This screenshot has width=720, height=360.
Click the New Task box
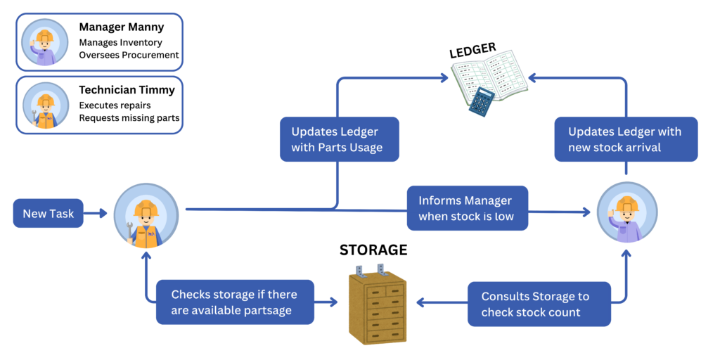tap(48, 213)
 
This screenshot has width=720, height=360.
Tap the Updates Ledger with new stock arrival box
tap(624, 139)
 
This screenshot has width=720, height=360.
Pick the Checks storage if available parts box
tap(234, 302)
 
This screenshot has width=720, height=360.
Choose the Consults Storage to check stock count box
tap(539, 304)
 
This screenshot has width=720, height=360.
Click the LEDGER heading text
tap(472, 51)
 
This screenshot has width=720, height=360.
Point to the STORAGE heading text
tap(373, 250)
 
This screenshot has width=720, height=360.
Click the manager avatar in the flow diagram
tap(626, 212)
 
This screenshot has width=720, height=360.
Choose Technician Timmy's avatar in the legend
tap(45, 105)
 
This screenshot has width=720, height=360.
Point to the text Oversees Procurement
tap(129, 55)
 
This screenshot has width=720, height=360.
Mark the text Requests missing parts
tap(129, 118)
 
